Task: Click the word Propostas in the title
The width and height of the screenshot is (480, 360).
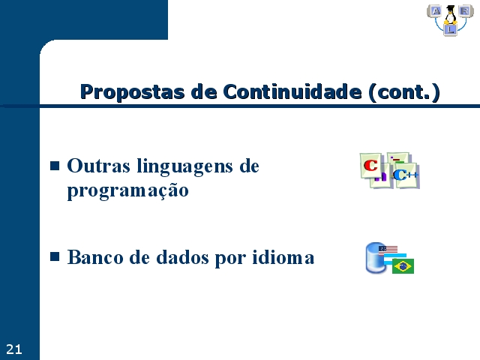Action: point(132,92)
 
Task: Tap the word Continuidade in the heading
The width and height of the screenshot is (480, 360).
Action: point(292,91)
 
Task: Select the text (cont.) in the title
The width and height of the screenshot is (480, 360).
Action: point(404,92)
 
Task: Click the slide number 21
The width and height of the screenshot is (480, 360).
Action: point(13,349)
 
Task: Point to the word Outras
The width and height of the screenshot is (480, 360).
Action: point(98,166)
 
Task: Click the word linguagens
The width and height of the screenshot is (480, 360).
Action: point(184,167)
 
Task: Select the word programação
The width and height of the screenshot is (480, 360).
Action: point(127,191)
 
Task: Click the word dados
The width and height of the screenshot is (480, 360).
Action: point(183,257)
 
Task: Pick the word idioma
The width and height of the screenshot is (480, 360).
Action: point(283,257)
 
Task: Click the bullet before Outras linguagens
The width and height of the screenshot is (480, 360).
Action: point(55,166)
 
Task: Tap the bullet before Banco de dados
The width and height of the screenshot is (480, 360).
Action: point(55,256)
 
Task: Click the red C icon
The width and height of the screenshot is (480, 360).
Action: point(370,165)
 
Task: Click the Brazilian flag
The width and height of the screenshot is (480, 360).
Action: point(403,266)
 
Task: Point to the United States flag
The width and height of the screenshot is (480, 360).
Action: point(388,250)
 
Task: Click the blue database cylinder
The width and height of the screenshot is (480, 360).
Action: point(376,258)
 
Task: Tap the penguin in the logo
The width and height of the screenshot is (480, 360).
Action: point(450,15)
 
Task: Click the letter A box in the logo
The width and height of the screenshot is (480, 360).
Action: point(435,11)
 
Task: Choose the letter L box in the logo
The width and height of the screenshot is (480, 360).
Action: point(450,30)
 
